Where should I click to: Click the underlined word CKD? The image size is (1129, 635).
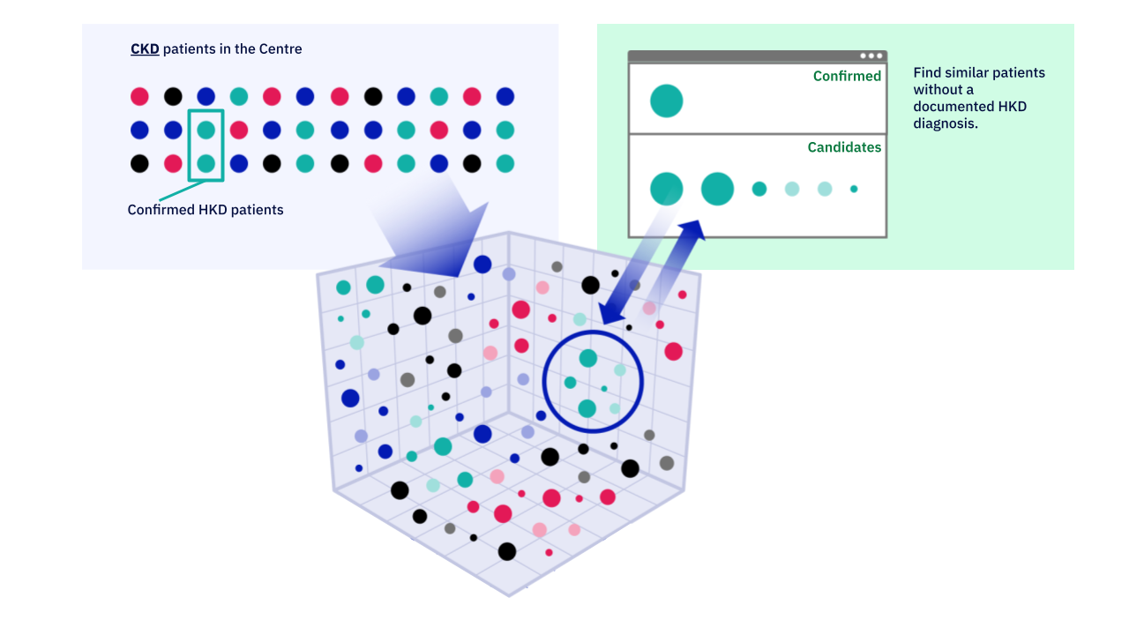click(145, 49)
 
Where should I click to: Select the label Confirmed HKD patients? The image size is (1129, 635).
click(206, 210)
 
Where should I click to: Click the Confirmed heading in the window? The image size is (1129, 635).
click(847, 77)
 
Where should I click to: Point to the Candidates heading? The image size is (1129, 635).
click(844, 147)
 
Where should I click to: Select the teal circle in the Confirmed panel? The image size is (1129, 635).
click(667, 101)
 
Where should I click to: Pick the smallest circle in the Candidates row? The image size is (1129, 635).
click(854, 189)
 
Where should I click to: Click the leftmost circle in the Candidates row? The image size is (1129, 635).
click(667, 189)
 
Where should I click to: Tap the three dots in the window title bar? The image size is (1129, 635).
click(871, 56)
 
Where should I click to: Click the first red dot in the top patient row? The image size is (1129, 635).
click(139, 97)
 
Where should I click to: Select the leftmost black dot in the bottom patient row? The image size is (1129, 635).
click(139, 163)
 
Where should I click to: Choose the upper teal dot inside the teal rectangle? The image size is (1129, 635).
click(206, 131)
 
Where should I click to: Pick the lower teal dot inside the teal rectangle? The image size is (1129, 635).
click(206, 163)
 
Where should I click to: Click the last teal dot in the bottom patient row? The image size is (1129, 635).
click(505, 163)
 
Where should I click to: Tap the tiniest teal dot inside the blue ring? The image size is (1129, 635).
click(604, 389)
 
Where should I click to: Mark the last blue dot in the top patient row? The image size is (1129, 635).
click(505, 97)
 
